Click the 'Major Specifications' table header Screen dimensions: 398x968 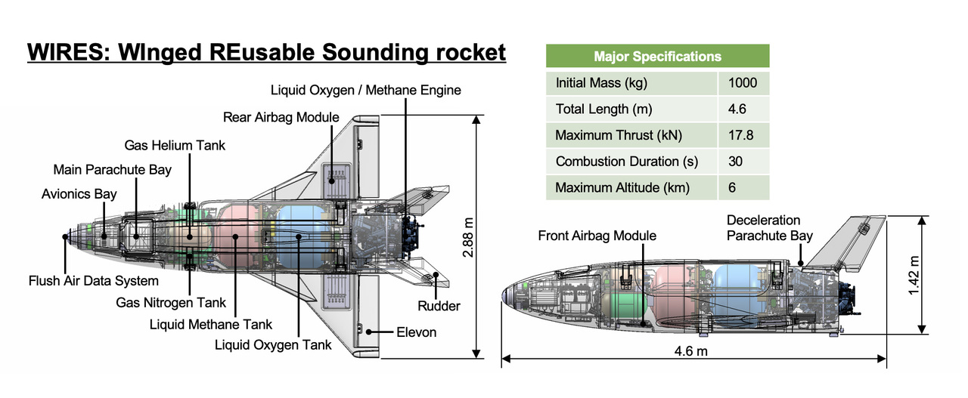657,57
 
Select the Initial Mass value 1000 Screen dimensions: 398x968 743,83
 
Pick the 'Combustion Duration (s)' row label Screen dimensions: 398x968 626,162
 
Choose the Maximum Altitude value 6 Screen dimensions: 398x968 732,187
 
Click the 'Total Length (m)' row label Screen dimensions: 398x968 603,109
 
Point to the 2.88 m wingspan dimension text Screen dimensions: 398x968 467,236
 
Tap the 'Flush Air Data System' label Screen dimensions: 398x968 94,281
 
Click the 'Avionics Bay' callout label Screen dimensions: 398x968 79,194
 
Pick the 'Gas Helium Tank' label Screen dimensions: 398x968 175,145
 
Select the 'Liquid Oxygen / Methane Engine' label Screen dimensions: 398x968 366,91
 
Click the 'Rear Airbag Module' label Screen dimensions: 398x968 281,118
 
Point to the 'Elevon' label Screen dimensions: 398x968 417,332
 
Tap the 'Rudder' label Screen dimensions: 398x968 439,306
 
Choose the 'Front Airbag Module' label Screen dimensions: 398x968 597,236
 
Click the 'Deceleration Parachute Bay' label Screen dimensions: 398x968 769,227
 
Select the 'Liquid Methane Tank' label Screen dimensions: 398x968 211,324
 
